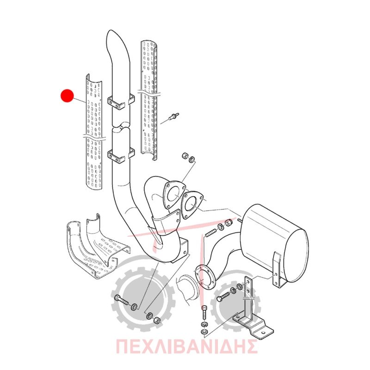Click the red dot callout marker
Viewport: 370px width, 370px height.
click(x=67, y=96)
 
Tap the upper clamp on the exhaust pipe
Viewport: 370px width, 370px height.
click(x=121, y=101)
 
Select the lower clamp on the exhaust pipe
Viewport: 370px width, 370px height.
click(x=121, y=155)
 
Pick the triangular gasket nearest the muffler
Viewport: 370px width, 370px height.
click(x=191, y=204)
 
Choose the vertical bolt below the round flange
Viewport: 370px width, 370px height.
click(x=204, y=313)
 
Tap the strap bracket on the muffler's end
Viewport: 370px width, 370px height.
click(x=277, y=270)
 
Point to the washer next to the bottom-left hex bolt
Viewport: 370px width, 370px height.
click(x=134, y=307)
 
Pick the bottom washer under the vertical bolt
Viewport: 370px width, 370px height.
click(x=204, y=332)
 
